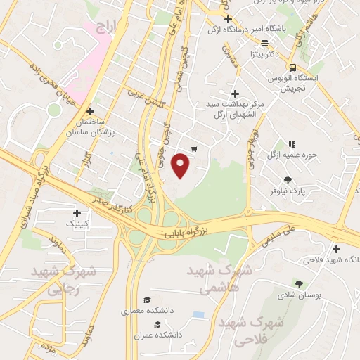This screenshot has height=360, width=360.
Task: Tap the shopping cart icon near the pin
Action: (x=194, y=148)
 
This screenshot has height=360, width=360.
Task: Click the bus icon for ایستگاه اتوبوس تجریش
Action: (x=292, y=68)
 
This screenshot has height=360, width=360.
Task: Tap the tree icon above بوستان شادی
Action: (x=300, y=284)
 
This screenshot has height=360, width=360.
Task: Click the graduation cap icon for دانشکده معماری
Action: (x=146, y=300)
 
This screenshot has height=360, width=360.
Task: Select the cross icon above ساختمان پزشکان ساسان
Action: (x=90, y=111)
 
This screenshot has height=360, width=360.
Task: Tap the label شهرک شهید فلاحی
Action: (x=251, y=331)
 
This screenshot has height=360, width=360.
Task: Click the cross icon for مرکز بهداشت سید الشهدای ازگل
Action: (x=235, y=94)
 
